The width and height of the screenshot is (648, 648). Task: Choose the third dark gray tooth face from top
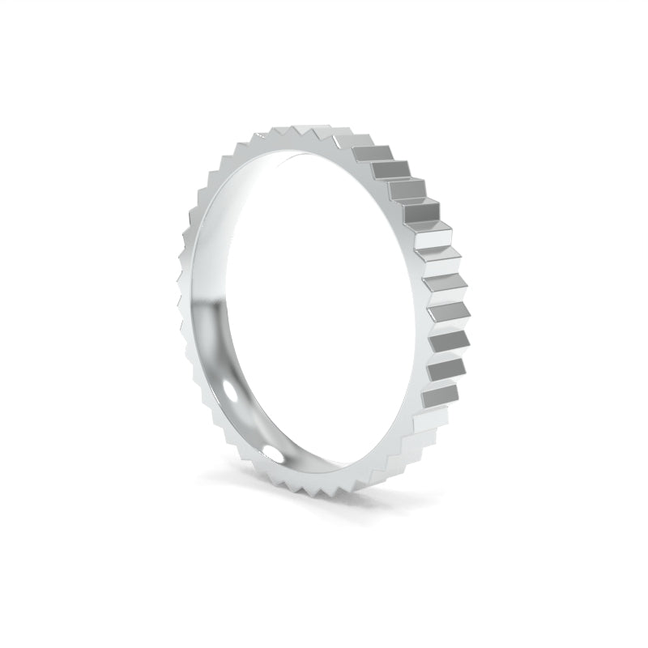(407, 190)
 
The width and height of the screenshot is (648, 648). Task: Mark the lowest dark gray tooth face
(437, 396)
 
